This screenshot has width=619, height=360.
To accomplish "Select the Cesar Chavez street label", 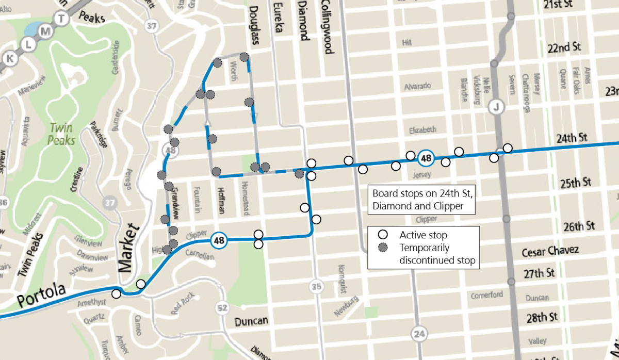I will pos(550,251).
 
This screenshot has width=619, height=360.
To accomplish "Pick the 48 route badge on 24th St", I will pos(426,158).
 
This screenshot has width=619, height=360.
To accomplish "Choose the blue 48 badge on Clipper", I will pos(219,240).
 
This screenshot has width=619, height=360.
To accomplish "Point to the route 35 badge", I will pos(316,286).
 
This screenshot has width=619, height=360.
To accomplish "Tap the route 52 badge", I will pos(222,308).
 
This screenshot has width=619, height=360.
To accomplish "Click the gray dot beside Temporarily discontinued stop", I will pos(382,248).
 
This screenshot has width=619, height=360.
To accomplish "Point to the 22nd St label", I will pos(564,47).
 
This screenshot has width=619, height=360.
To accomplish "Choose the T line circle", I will pos(62,19).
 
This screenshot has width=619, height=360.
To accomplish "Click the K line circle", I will pos(9,58).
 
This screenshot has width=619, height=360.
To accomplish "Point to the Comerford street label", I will pos(486,295).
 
